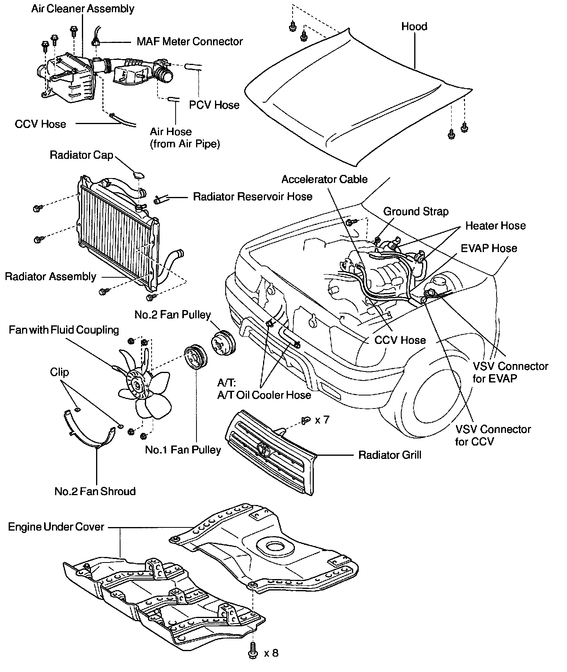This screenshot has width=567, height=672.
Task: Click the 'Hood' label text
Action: [414, 26]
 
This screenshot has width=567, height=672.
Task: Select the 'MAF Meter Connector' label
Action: [189, 41]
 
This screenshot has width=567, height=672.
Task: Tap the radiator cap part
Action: [138, 175]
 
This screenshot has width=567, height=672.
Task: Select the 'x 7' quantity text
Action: [322, 420]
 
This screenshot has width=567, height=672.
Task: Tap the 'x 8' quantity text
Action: [271, 653]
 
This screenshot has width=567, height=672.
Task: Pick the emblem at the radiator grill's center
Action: [264, 449]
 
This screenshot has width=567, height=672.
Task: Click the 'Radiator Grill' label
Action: [389, 455]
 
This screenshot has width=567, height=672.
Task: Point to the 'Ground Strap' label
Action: [416, 212]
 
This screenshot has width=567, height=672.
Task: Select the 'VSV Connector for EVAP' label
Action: [511, 372]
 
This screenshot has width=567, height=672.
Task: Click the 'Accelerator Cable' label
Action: [324, 179]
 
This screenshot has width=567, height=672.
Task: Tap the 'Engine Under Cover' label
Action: [56, 527]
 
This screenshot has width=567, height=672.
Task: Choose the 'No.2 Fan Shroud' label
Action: [95, 491]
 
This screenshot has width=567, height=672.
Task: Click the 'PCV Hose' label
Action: [214, 105]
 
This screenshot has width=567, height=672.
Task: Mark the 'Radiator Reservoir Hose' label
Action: [252, 197]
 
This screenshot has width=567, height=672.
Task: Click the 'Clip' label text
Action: [59, 372]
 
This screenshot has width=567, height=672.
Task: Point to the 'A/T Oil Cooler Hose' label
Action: [264, 395]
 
